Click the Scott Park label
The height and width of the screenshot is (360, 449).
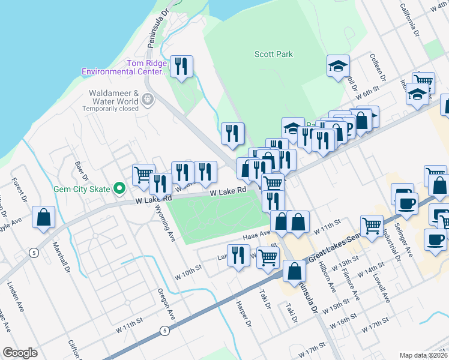[274, 54]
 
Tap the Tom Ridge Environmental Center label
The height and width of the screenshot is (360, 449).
[125, 67]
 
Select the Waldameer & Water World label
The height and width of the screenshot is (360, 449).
[114, 97]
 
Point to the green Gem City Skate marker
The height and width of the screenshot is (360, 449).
[119, 189]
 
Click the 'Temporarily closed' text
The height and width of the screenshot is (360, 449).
[110, 109]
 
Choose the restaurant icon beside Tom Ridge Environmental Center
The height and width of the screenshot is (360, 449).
[181, 65]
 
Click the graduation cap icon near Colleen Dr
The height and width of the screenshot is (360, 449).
[339, 65]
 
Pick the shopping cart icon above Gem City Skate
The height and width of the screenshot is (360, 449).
[143, 175]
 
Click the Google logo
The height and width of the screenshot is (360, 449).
[20, 353]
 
